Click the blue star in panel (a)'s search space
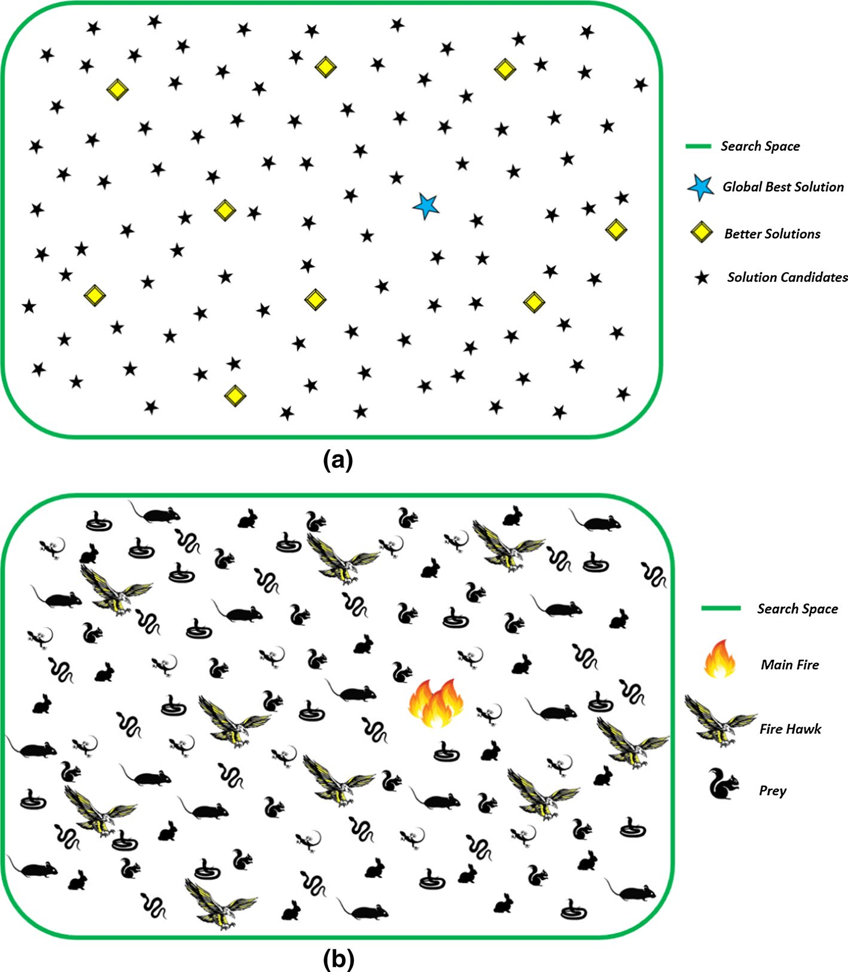426,206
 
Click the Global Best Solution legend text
783,187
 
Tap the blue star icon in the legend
700,188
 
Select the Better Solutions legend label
772,234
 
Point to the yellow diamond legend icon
701,232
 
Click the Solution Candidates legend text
787,277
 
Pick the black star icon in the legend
702,278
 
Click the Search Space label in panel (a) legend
760,146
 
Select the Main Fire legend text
789,665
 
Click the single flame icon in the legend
719,659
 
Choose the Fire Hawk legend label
790,729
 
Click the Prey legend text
773,791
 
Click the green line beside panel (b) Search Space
721,608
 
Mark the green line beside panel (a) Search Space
698,146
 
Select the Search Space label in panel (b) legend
797,609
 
